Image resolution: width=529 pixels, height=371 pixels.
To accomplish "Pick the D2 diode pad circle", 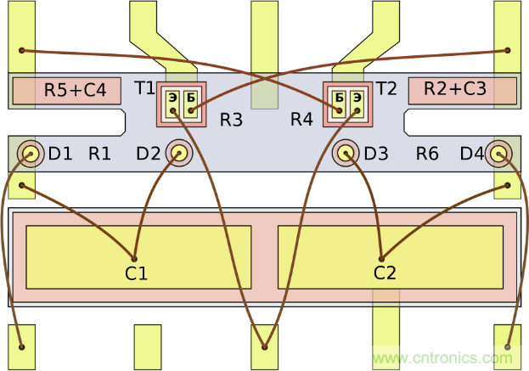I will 179,154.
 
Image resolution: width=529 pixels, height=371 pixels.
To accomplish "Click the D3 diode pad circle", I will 346,154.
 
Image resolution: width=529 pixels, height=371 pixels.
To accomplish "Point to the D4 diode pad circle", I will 498,154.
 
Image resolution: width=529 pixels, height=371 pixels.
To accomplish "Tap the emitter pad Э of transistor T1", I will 172,104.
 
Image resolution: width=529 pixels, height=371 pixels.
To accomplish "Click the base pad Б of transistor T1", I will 191,104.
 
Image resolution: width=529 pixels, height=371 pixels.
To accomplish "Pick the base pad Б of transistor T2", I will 340,104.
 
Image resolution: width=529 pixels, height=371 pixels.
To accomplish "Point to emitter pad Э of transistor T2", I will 357,104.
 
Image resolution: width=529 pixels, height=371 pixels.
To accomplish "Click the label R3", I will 231,120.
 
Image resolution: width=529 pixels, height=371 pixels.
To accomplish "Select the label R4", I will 301,120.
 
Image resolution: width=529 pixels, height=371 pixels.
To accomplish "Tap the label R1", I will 99,154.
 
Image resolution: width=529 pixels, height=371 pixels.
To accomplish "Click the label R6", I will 427,154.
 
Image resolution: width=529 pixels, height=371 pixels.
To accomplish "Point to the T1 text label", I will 144,88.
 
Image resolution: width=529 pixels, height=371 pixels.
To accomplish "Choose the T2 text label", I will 386,88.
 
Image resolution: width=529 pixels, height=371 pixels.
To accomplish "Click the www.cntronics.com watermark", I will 447,358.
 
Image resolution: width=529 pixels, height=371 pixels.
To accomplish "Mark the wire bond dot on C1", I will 134,257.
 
